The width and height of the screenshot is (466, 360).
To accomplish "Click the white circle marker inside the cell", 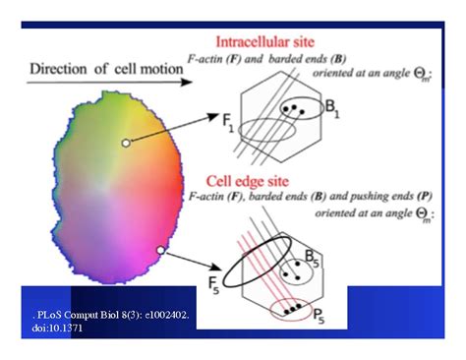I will [x=125, y=144].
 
